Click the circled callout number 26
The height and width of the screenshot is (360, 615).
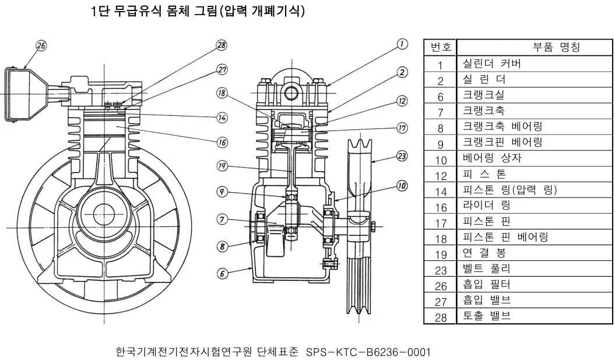41,46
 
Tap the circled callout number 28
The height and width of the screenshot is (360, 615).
222,45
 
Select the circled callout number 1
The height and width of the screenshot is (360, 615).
402,44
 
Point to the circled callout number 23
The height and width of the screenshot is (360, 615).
402,156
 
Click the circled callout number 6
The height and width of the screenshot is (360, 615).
222,273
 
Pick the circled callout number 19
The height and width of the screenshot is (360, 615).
222,166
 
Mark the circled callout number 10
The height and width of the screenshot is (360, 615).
402,185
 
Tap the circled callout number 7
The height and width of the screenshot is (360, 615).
222,219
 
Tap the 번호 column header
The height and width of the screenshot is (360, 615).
441,47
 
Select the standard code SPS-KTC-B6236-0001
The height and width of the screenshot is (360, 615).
368,351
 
